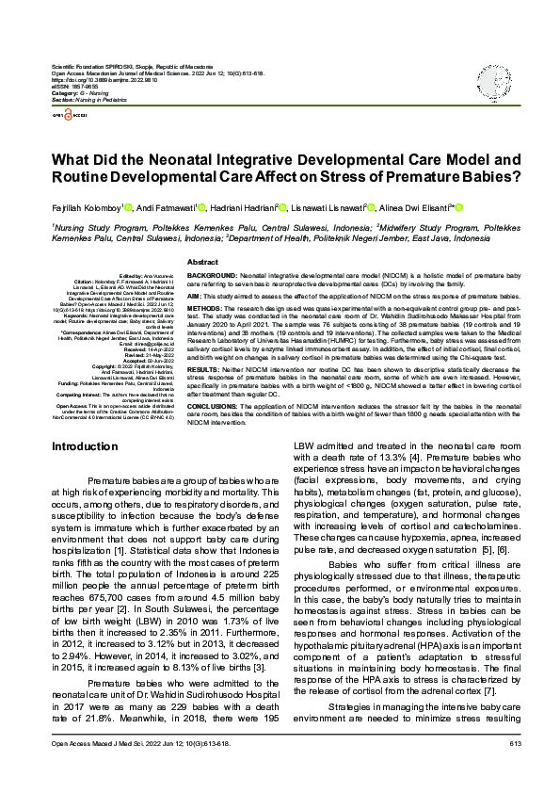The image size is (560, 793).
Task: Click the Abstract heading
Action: tap(203, 262)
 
